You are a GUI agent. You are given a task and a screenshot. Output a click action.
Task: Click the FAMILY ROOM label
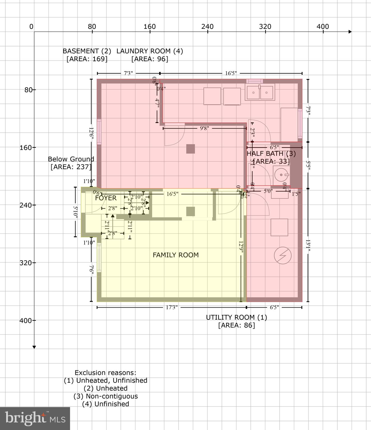pyautogui.click(x=176, y=255)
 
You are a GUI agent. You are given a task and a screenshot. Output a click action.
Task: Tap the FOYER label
pyautogui.click(x=106, y=198)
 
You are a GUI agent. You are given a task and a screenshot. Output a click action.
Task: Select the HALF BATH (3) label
pyautogui.click(x=271, y=153)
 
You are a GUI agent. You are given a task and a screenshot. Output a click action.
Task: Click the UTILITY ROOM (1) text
pyautogui.click(x=236, y=317)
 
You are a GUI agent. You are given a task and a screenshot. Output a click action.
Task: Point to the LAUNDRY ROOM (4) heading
pyautogui.click(x=150, y=51)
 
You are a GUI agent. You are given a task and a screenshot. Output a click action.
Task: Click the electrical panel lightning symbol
pyautogui.click(x=283, y=255)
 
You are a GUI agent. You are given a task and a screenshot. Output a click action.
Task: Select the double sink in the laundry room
pyautogui.click(x=260, y=92)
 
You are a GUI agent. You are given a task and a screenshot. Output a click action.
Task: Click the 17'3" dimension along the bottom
pyautogui.click(x=171, y=307)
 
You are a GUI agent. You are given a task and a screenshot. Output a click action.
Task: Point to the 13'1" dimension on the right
pyautogui.click(x=308, y=245)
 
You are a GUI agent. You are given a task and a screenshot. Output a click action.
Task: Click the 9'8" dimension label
pyautogui.click(x=204, y=128)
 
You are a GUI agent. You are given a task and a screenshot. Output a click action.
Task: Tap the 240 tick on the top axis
pyautogui.click(x=207, y=27)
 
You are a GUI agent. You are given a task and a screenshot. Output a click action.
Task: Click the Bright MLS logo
pyautogui.click(x=35, y=418)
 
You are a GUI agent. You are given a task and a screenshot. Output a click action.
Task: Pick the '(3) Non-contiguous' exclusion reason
pyautogui.click(x=106, y=396)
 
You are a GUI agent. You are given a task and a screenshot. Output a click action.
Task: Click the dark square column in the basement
pyautogui.click(x=191, y=149)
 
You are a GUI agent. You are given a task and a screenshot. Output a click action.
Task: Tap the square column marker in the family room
pyautogui.click(x=191, y=211)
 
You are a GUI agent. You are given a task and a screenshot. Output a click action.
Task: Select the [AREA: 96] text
pyautogui.click(x=150, y=59)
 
